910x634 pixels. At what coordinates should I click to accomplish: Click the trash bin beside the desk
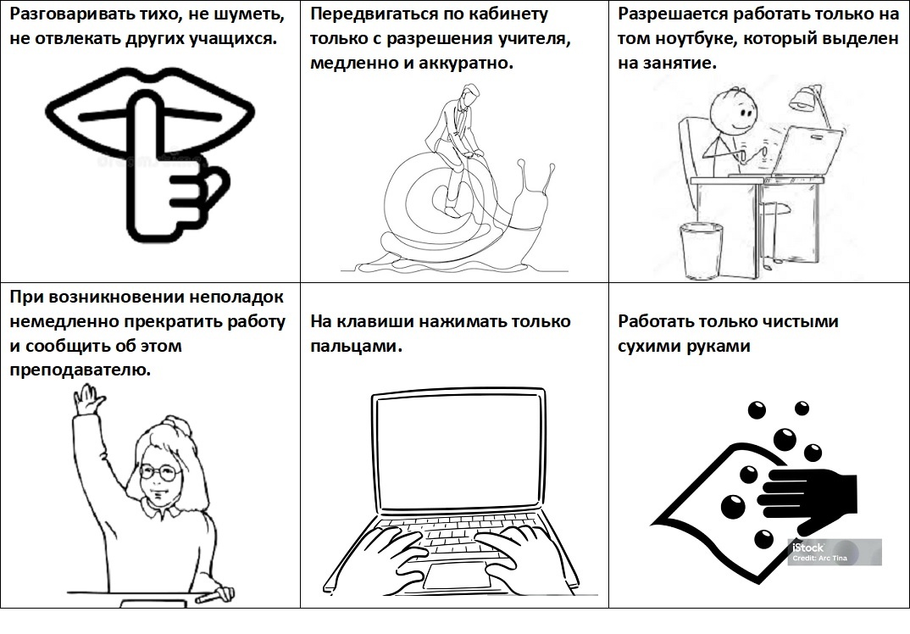702,251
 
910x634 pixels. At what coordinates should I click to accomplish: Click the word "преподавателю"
80,370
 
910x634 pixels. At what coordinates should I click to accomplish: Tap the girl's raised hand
88,402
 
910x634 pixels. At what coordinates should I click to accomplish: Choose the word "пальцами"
356,347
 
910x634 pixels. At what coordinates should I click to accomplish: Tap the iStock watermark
834,552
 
